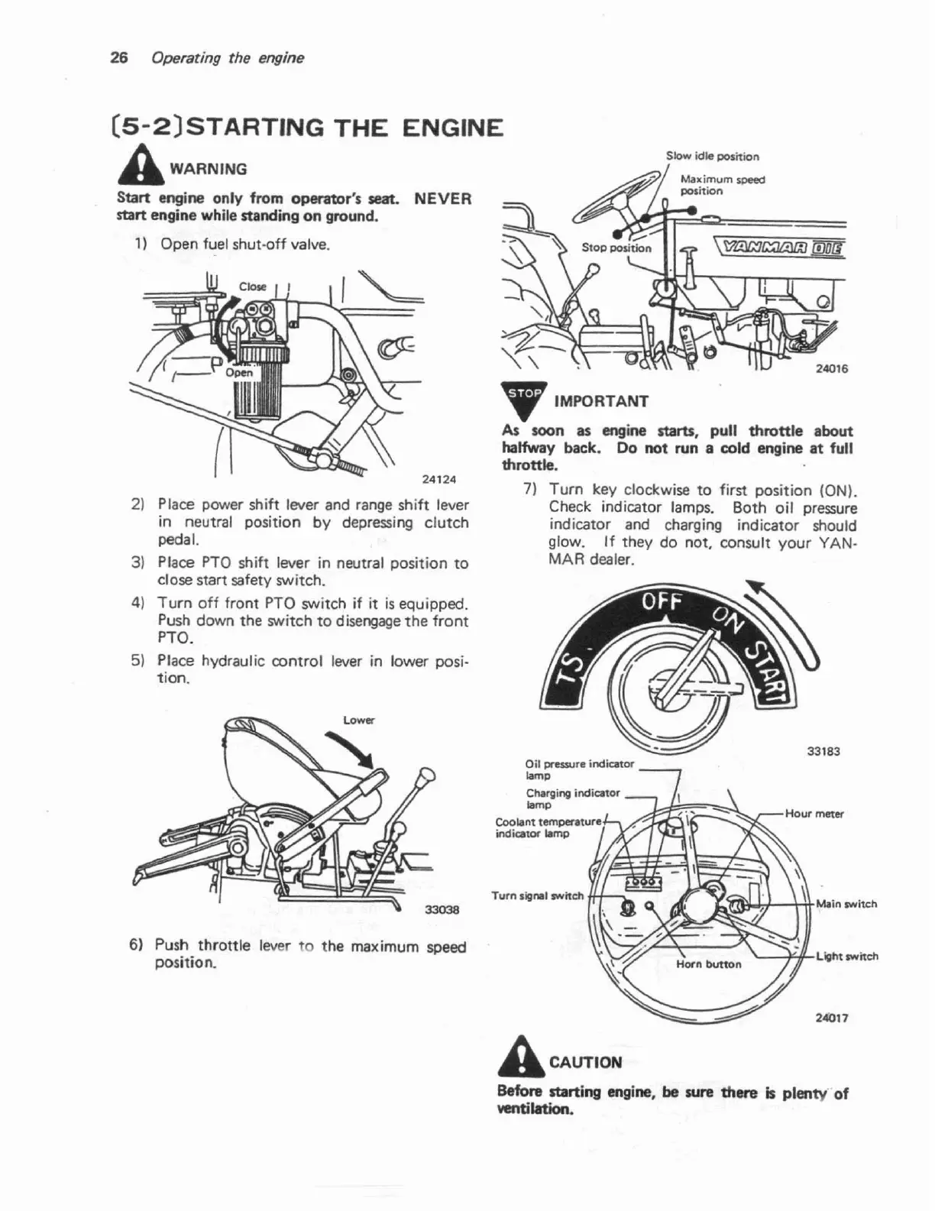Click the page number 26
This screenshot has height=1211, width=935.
point(118,58)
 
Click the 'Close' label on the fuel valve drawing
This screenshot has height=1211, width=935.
point(252,287)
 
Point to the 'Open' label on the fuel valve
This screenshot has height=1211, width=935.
point(239,373)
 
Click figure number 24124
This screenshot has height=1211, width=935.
point(438,480)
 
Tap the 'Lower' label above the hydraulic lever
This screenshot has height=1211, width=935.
point(358,720)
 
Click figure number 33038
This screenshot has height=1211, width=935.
point(442,909)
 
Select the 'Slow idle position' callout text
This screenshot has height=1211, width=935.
point(712,157)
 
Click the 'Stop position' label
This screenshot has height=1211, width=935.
point(616,248)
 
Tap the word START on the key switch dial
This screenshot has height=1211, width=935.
point(765,669)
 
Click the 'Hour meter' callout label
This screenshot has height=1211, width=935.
point(814,814)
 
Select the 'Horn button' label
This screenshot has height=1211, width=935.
point(708,964)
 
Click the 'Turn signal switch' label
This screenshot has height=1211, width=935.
point(538,895)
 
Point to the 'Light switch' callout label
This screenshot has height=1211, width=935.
point(846,956)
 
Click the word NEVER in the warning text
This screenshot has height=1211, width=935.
point(442,199)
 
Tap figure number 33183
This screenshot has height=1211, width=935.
point(823,751)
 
